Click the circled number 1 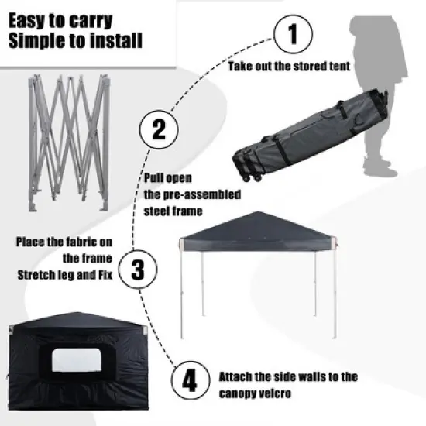[x=292, y=35]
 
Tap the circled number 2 [x=159, y=129]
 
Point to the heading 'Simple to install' [x=74, y=40]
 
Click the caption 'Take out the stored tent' [x=289, y=67]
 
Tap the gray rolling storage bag [x=310, y=128]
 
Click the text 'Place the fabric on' [x=66, y=242]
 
